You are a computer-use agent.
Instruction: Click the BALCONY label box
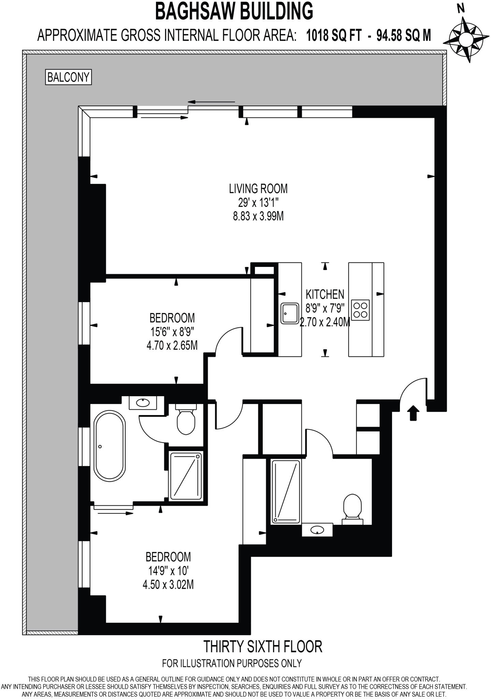(x=68, y=77)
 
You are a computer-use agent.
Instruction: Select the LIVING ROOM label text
(x=258, y=188)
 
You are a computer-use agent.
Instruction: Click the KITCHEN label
(x=324, y=294)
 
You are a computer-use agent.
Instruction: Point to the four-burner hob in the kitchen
(x=360, y=310)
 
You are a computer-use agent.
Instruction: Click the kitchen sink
(x=290, y=313)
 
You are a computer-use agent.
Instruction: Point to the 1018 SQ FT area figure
(x=334, y=35)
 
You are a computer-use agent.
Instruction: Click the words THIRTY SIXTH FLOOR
(x=262, y=646)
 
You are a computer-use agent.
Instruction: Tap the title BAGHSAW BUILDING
(x=234, y=11)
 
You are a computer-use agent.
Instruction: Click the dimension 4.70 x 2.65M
(x=172, y=346)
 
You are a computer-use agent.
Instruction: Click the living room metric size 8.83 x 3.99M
(x=258, y=216)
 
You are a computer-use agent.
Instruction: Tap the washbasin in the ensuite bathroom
(x=143, y=403)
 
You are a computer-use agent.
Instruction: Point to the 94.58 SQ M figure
(x=403, y=35)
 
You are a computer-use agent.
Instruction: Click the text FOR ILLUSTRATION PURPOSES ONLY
(x=232, y=663)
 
